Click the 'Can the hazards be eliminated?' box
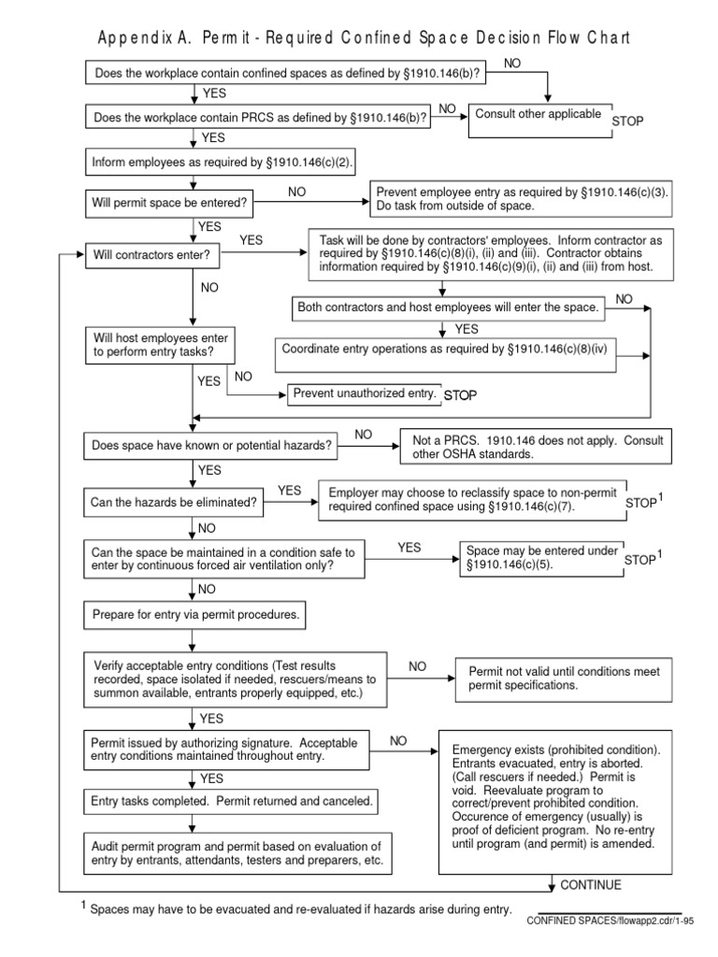coord(174,502)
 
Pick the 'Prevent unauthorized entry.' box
coord(364,394)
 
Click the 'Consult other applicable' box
coord(538,120)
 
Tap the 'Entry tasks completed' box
coord(231,801)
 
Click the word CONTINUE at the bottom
coord(591,885)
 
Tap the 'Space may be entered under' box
coord(540,557)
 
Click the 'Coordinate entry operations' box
coord(450,356)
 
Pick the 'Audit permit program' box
coord(238,851)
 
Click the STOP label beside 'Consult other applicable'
coord(629,121)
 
